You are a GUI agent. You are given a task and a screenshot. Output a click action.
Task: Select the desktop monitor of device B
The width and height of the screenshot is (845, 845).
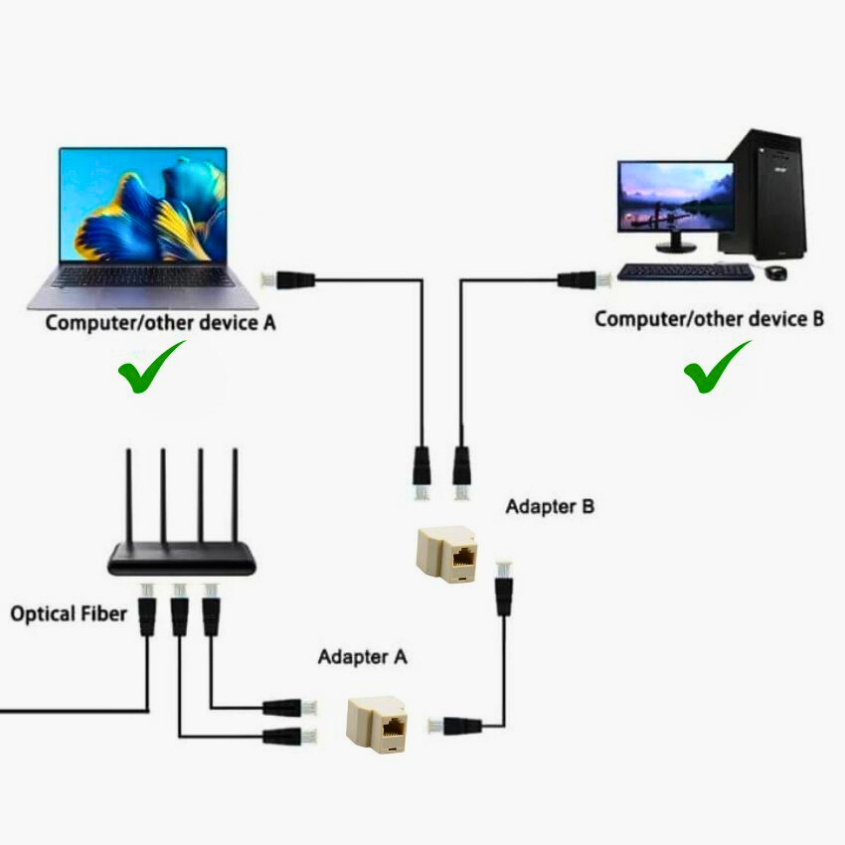tap(675, 196)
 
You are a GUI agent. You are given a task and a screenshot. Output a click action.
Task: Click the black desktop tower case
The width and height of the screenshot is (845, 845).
tap(766, 194)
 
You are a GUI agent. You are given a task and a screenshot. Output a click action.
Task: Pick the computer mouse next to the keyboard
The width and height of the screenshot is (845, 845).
tap(776, 271)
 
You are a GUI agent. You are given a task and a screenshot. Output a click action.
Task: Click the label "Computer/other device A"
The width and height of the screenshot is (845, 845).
tap(160, 322)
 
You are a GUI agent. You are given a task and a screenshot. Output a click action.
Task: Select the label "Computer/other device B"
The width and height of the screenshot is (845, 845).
tap(709, 319)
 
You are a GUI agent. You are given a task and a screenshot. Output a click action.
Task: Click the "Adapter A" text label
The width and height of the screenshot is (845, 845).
tap(362, 657)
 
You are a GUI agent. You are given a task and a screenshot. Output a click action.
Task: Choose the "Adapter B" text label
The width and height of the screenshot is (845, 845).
tap(550, 506)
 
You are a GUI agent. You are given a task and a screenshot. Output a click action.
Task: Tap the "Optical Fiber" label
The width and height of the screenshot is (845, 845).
tap(69, 613)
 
